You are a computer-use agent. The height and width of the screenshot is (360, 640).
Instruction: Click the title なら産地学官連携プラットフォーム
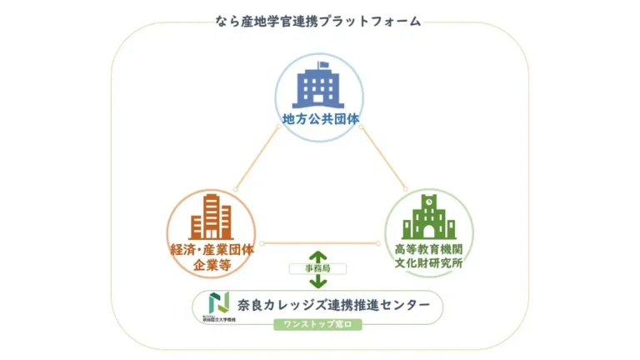pyautogui.click(x=320, y=21)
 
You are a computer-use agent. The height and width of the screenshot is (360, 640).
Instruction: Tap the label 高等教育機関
pyautogui.click(x=428, y=250)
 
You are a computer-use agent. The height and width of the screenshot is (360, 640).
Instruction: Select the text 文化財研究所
pyautogui.click(x=428, y=265)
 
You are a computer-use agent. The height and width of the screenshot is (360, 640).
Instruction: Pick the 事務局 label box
pyautogui.click(x=317, y=270)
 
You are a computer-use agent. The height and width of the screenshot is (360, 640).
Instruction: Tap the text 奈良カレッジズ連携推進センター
pyautogui.click(x=333, y=305)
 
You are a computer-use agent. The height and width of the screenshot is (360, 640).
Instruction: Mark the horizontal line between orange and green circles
pyautogui.click(x=321, y=242)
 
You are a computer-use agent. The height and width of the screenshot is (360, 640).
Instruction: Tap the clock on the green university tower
pyautogui.click(x=429, y=201)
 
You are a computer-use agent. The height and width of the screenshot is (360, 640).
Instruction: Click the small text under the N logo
pyautogui.click(x=218, y=317)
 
